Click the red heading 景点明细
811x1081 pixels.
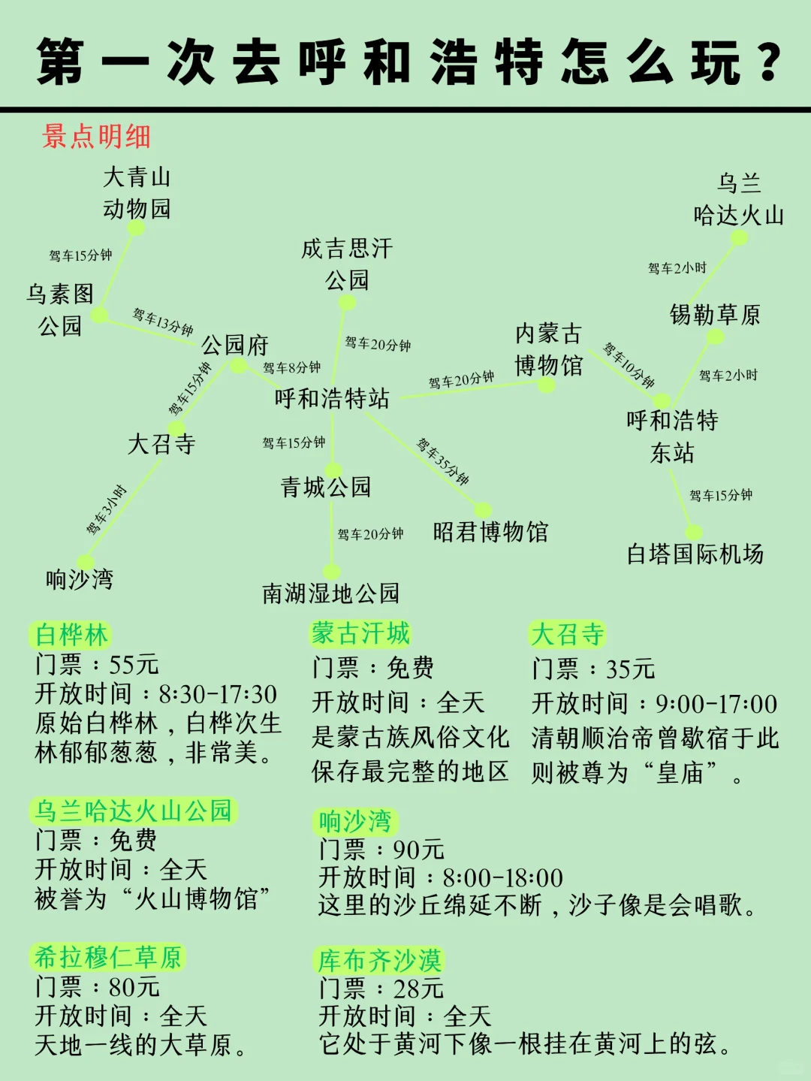[x=96, y=137]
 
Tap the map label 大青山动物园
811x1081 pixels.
[x=137, y=193]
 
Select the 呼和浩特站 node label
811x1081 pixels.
[x=332, y=398]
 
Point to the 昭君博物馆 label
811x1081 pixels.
[x=490, y=533]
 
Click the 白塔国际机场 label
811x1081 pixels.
[x=695, y=554]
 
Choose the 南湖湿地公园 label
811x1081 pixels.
[x=330, y=593]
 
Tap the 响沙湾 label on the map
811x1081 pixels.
[x=80, y=579]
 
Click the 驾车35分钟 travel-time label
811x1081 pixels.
[x=443, y=461]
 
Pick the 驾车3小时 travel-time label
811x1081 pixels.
[x=107, y=510]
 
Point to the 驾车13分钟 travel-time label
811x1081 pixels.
[x=163, y=322]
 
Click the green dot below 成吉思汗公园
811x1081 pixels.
[x=347, y=303]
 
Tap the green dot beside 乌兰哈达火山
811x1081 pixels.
[x=740, y=238]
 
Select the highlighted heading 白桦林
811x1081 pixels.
[x=71, y=635]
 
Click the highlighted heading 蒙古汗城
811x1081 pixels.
[x=361, y=633]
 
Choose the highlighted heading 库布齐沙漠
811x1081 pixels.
[x=379, y=960]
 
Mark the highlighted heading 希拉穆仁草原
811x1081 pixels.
[x=108, y=958]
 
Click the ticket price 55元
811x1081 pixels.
[x=134, y=665]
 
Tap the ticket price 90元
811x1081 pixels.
[x=418, y=850]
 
